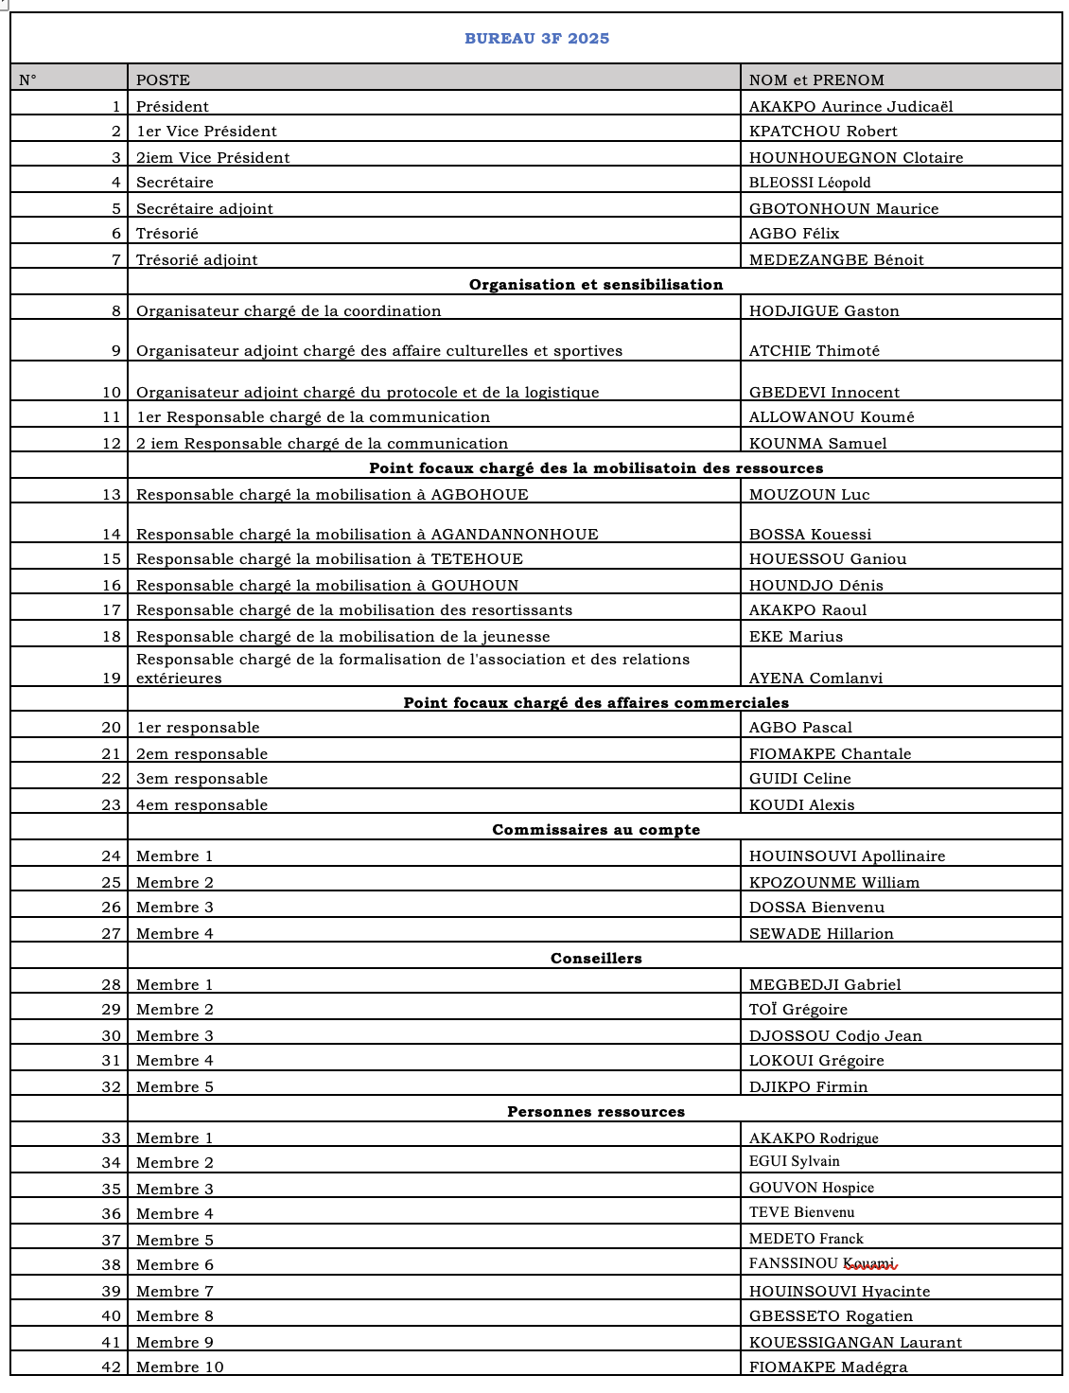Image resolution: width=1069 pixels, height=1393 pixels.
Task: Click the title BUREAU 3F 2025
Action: [536, 39]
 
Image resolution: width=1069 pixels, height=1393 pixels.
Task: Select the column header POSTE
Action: [163, 80]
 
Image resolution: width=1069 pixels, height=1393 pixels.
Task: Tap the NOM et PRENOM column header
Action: [816, 80]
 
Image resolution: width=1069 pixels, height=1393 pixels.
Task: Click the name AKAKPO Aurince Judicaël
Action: [850, 107]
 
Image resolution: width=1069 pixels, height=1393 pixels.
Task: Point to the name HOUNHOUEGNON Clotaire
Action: [855, 158]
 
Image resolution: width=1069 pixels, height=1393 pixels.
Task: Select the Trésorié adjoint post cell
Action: [197, 260]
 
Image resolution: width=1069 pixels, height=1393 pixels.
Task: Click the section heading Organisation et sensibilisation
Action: [596, 285]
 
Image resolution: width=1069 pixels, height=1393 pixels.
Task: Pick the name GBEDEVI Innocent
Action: [824, 393]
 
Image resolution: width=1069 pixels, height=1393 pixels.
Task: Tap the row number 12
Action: [112, 444]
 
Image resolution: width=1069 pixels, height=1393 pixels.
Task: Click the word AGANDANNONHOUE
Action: [515, 535]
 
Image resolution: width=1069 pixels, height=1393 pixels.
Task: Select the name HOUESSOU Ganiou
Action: [828, 559]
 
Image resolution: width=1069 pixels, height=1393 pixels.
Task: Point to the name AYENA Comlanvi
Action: [815, 679]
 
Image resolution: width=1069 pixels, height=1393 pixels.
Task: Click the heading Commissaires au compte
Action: [596, 830]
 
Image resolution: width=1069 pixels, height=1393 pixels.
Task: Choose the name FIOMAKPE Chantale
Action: [830, 754]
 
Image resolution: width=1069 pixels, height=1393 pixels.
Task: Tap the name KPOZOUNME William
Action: [834, 883]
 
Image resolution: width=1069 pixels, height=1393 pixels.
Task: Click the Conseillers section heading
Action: [596, 959]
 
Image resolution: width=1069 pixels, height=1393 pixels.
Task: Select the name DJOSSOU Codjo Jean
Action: [835, 1036]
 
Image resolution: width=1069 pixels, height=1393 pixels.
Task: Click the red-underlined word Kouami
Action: [868, 1263]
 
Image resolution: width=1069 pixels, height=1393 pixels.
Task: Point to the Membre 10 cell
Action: [180, 1367]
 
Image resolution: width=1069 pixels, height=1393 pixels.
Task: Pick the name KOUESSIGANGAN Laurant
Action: [855, 1343]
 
